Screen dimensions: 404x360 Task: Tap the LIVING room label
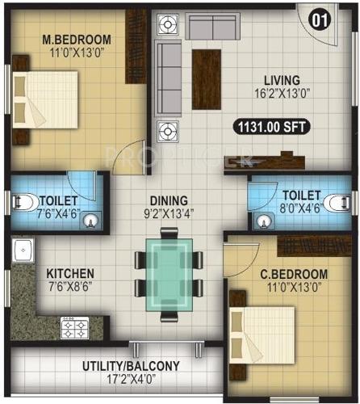click(x=281, y=80)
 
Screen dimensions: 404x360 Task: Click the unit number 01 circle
click(x=318, y=19)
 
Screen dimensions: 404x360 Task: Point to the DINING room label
click(x=168, y=200)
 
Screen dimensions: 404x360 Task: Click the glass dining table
click(x=168, y=275)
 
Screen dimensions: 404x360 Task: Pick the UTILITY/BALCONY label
click(x=131, y=366)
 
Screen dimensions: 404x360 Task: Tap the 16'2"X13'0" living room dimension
click(x=281, y=93)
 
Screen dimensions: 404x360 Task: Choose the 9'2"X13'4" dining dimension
click(x=168, y=214)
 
